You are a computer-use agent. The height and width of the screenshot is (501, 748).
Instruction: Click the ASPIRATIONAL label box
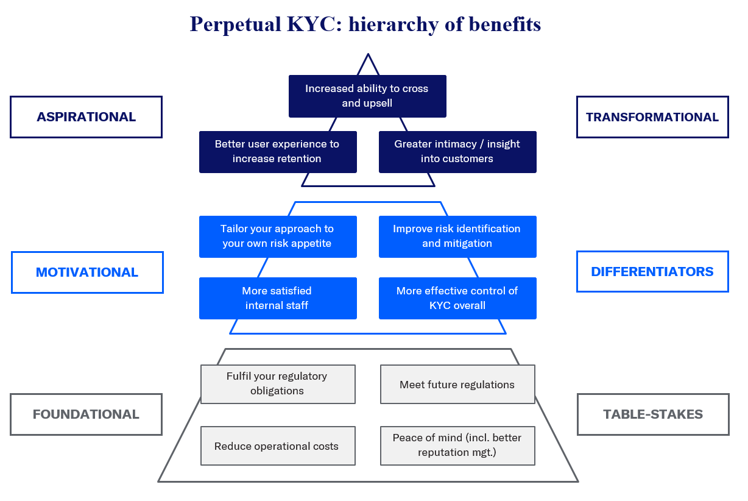click(x=86, y=117)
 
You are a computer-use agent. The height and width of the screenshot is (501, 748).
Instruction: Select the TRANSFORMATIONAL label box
click(x=652, y=117)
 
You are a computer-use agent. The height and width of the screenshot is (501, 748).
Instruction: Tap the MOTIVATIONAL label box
click(x=87, y=272)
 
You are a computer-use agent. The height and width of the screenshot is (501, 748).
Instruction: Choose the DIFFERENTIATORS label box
click(x=652, y=272)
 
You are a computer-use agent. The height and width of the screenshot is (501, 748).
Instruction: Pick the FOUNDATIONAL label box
click(x=86, y=414)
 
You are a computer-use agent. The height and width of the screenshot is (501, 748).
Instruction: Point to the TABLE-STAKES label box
click(x=653, y=414)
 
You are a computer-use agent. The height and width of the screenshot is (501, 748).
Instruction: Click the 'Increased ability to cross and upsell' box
click(x=367, y=96)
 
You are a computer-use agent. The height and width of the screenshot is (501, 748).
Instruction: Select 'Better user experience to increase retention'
click(x=278, y=152)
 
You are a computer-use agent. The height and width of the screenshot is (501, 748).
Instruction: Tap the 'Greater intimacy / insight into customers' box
click(x=457, y=152)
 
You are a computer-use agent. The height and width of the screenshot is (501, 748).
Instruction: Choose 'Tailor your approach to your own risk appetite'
click(x=278, y=236)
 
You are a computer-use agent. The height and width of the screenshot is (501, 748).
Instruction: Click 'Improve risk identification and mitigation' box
click(x=457, y=236)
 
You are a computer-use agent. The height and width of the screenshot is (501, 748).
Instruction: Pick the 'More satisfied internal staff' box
click(x=278, y=298)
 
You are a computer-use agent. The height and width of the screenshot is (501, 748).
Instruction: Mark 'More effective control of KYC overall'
click(x=457, y=298)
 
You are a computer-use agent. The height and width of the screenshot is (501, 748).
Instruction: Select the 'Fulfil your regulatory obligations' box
click(x=278, y=384)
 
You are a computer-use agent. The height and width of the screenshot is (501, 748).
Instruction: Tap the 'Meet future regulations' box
click(x=457, y=385)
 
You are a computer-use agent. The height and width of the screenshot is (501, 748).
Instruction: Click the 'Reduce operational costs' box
click(x=278, y=446)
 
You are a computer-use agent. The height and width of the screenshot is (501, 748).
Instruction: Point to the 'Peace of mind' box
click(x=457, y=446)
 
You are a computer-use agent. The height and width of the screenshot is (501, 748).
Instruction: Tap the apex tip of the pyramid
click(x=368, y=55)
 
